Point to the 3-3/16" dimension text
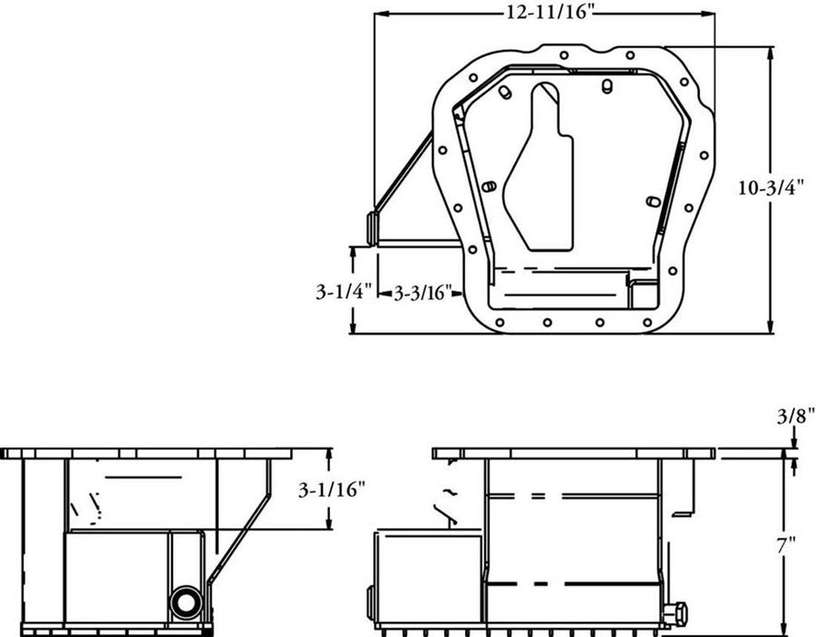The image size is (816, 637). pyautogui.click(x=423, y=293)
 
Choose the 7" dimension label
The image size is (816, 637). pyautogui.click(x=787, y=545)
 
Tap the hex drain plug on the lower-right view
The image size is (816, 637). pyautogui.click(x=676, y=613)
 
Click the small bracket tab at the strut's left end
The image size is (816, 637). pyautogui.click(x=372, y=227)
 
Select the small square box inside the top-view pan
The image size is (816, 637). pyautogui.click(x=641, y=294)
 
